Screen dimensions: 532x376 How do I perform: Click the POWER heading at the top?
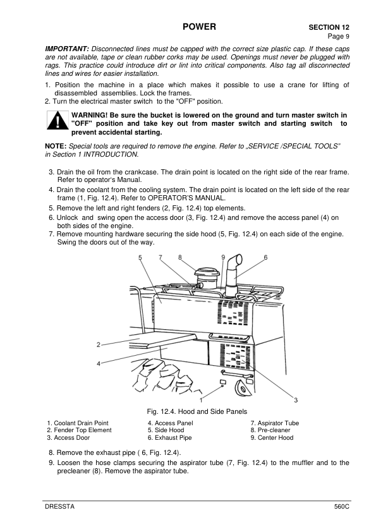[199, 27]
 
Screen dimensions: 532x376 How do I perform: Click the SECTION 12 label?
[329, 28]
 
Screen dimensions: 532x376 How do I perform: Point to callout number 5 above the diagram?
[140, 257]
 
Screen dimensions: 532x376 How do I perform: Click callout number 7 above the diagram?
[161, 257]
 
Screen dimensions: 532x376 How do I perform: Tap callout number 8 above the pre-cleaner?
[181, 257]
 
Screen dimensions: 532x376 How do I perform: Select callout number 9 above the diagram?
[223, 257]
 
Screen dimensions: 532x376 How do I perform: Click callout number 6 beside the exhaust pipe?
[265, 257]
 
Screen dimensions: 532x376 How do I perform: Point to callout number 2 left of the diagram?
[99, 344]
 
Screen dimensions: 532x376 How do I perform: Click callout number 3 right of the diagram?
[296, 399]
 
